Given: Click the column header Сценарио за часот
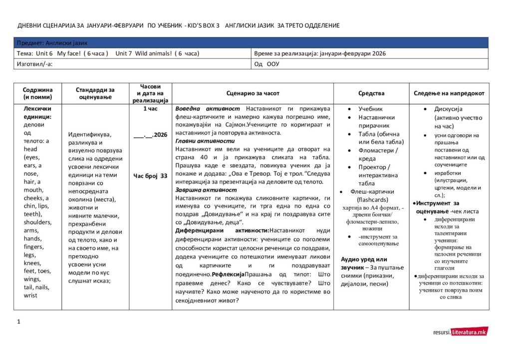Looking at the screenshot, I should [x=253, y=93].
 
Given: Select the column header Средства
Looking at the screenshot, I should [x=371, y=93].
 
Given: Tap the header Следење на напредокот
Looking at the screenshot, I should [x=449, y=93].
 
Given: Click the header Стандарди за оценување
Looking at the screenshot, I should [x=95, y=93].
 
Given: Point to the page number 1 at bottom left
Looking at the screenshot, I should [x=18, y=322].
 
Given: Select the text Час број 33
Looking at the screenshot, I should [x=150, y=176].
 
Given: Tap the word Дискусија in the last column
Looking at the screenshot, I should [x=449, y=109].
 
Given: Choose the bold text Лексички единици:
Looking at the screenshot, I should [x=37, y=112].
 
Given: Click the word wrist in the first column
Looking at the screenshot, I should [x=30, y=296].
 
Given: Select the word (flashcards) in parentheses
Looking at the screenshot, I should [x=372, y=200].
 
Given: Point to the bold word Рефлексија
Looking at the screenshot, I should [x=228, y=275].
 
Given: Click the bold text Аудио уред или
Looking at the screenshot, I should [x=364, y=259].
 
